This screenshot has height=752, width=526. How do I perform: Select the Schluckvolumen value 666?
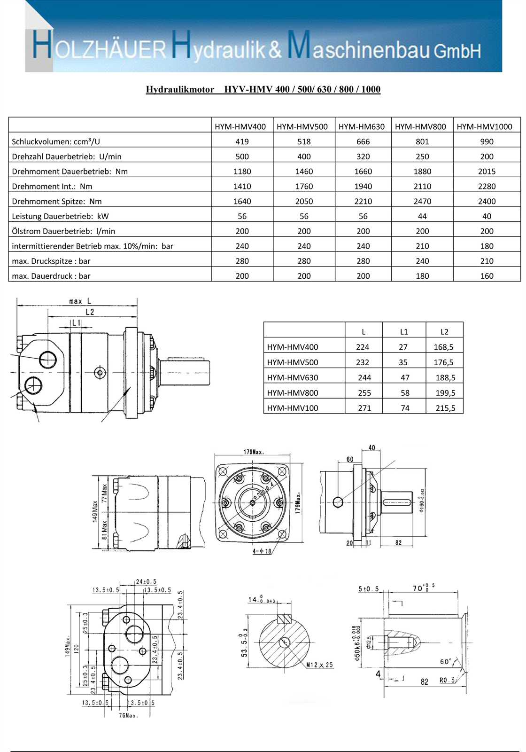(363, 141)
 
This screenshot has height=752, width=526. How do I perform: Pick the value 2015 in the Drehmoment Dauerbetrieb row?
(487, 172)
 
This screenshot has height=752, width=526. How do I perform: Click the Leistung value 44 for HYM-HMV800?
(422, 216)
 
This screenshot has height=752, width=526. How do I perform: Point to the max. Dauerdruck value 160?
(487, 276)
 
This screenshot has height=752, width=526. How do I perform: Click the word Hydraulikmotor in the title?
(180, 89)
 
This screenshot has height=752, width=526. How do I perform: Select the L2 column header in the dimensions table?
(444, 332)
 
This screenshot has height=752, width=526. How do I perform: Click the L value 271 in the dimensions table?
(364, 408)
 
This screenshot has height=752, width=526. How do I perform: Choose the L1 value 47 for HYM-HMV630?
(405, 377)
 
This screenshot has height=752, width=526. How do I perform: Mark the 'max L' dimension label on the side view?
(80, 301)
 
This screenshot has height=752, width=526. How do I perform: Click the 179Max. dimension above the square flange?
(254, 452)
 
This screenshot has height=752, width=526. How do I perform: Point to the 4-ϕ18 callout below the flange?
(262, 551)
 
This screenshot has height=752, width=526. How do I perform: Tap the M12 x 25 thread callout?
(319, 665)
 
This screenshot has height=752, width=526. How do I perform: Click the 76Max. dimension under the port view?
(128, 715)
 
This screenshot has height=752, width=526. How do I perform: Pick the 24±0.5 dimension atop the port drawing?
(146, 581)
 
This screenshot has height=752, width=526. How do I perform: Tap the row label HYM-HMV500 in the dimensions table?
(293, 362)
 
